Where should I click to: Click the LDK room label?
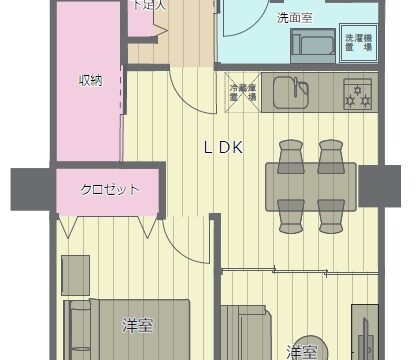(x=224, y=148)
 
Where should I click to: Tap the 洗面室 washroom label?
(x=266, y=18)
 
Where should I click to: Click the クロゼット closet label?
(x=109, y=189)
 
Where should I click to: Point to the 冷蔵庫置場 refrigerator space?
(x=243, y=92)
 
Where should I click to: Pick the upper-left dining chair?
(x=291, y=152)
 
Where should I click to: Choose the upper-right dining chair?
(x=331, y=152)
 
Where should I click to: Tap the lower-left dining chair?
(x=291, y=213)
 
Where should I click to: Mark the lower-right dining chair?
(x=331, y=213)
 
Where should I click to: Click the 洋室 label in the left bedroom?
(x=137, y=325)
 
